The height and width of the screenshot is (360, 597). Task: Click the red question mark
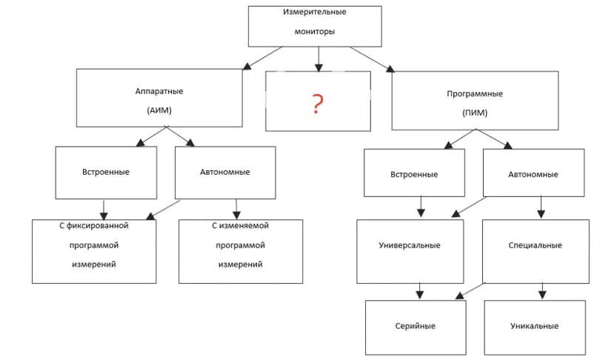click(318, 104)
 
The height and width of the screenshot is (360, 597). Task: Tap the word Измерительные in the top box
click(315, 12)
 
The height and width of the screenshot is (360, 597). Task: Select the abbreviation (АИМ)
click(159, 110)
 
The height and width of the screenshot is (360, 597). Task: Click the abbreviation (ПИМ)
click(475, 113)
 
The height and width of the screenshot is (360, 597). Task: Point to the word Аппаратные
click(159, 91)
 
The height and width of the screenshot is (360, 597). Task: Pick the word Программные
click(475, 94)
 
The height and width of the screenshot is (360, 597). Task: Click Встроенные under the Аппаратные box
click(106, 172)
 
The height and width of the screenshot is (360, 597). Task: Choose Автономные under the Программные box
click(533, 175)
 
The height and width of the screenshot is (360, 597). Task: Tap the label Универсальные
click(410, 245)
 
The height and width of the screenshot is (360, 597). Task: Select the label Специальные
click(536, 245)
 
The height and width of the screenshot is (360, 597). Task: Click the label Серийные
click(416, 326)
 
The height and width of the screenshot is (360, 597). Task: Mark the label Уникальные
click(535, 326)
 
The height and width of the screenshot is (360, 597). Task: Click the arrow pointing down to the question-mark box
click(318, 59)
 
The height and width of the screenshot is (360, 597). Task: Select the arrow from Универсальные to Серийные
click(419, 291)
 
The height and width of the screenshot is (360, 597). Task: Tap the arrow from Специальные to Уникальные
click(542, 291)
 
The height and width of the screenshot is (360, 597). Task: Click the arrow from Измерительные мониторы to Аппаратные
click(263, 59)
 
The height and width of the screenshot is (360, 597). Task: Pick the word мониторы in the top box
click(315, 32)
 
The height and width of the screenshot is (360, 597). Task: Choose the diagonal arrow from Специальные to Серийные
click(470, 290)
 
